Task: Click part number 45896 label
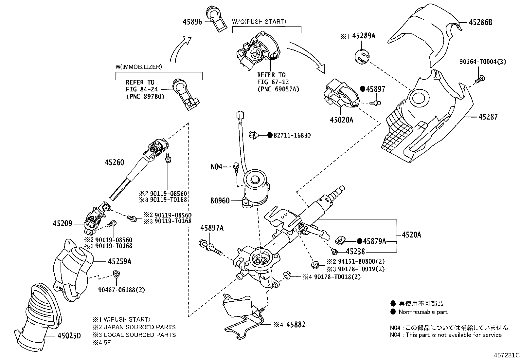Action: [x=193, y=21]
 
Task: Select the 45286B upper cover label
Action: [x=480, y=22]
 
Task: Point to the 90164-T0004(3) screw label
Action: [x=482, y=61]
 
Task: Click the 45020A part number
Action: [x=341, y=120]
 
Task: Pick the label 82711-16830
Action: [x=292, y=135]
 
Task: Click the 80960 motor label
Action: [x=220, y=200]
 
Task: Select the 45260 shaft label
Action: [x=115, y=162]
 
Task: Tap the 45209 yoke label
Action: [x=62, y=224]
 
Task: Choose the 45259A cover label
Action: [x=120, y=261]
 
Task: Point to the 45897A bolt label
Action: [x=212, y=228]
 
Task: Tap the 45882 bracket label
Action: [x=296, y=325]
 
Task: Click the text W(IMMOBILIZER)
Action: [x=138, y=67]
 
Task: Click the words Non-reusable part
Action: [x=423, y=312]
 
